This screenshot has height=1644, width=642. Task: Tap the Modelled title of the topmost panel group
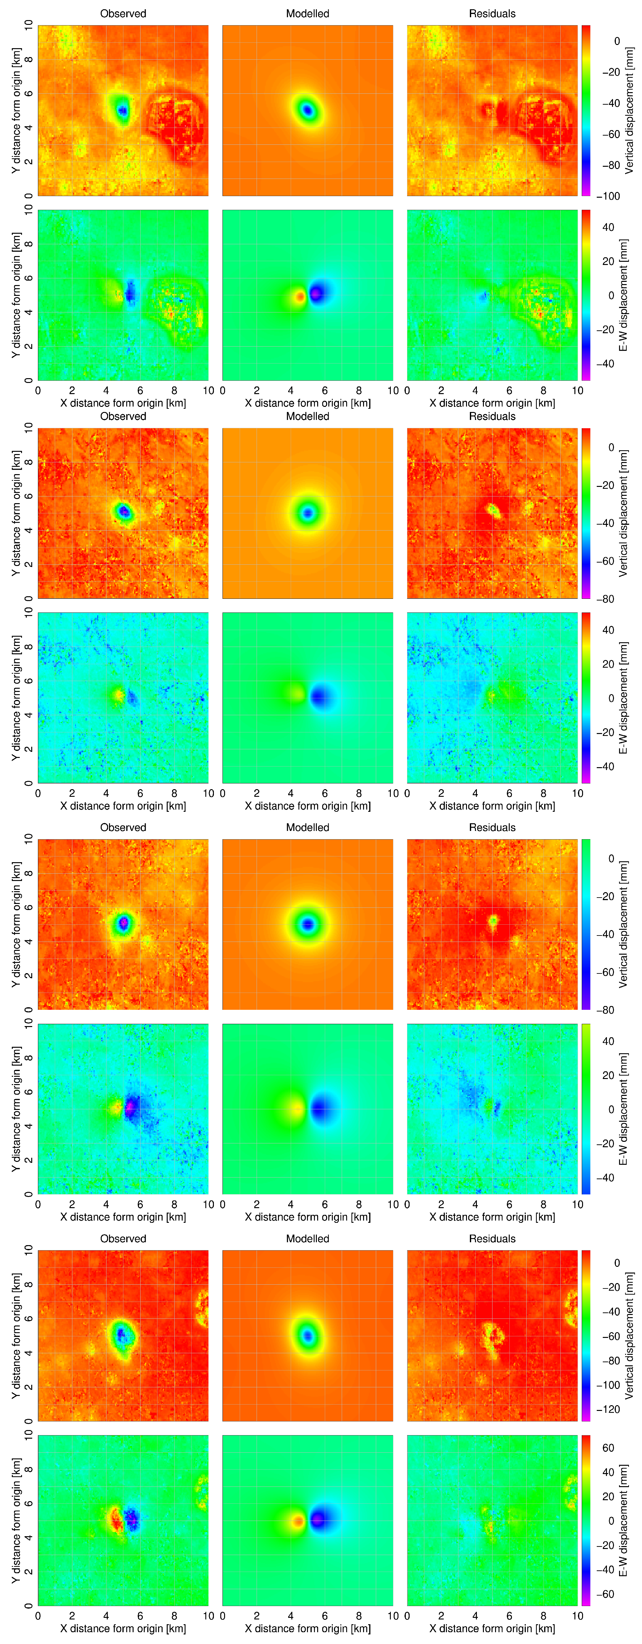pos(308,13)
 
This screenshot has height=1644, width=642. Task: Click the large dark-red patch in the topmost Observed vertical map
pos(176,124)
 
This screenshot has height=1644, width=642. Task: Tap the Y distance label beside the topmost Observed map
pos(16,110)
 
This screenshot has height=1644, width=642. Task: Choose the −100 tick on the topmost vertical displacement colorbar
pos(608,196)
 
